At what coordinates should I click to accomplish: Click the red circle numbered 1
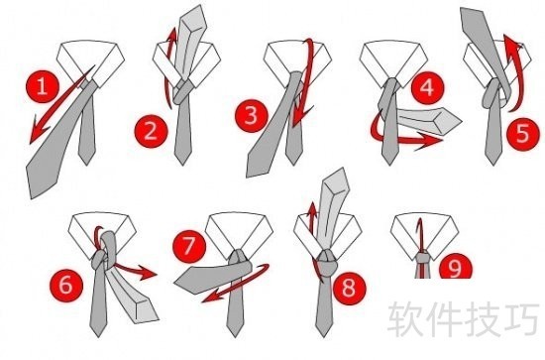click(x=43, y=86)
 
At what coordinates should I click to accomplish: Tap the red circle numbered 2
click(x=152, y=132)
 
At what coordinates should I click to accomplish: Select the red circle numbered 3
click(x=251, y=116)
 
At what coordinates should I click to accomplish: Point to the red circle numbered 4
click(x=428, y=87)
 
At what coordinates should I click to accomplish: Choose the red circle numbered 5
click(x=523, y=134)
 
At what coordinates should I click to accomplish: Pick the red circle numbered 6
click(x=66, y=285)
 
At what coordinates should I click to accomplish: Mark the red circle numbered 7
click(x=190, y=247)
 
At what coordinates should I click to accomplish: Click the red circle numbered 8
click(x=349, y=288)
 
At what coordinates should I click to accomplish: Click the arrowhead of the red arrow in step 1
click(x=38, y=131)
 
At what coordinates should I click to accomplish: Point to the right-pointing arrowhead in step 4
click(x=429, y=141)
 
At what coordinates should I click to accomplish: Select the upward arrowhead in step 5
click(x=510, y=44)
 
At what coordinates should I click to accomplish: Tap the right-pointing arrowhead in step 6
click(x=146, y=273)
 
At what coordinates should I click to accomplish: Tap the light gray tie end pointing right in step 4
click(x=441, y=120)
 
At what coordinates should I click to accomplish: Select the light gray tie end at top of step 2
click(x=192, y=19)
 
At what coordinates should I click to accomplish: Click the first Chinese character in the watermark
click(x=403, y=318)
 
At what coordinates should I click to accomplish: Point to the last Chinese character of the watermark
click(x=523, y=318)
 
